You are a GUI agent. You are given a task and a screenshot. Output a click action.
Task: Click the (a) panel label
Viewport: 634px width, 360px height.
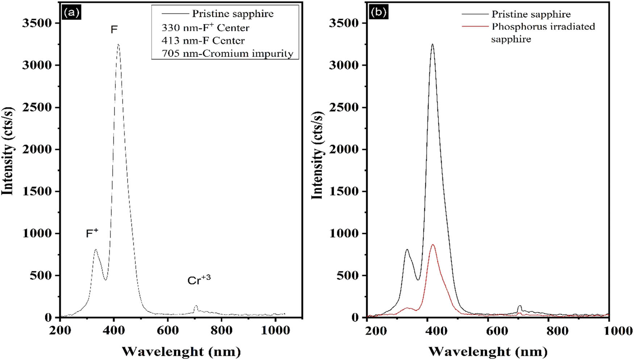pyautogui.click(x=71, y=13)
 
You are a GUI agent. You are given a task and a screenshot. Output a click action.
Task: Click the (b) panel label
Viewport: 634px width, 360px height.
pyautogui.click(x=378, y=13)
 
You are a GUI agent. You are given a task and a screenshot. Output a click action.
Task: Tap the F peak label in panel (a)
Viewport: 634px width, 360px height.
pyautogui.click(x=114, y=29)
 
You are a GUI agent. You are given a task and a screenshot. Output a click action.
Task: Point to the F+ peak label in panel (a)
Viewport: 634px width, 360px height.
pyautogui.click(x=92, y=233)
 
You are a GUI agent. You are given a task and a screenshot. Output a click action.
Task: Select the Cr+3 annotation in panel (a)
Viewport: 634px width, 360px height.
pyautogui.click(x=199, y=280)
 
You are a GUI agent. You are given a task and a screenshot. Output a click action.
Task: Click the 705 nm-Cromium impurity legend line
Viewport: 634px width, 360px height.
pyautogui.click(x=227, y=54)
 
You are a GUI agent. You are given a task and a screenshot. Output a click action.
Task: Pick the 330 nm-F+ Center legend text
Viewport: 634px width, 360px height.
pyautogui.click(x=205, y=28)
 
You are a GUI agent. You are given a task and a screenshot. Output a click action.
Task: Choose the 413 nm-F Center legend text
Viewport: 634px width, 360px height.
pyautogui.click(x=203, y=41)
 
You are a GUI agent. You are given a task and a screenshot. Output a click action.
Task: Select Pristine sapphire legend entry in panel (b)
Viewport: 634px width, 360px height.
pyautogui.click(x=531, y=14)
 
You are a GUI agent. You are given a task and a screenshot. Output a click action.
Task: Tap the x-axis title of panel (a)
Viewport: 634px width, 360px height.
pyautogui.click(x=181, y=351)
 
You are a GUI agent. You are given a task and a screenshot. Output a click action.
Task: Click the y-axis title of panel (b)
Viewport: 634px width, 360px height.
pyautogui.click(x=317, y=155)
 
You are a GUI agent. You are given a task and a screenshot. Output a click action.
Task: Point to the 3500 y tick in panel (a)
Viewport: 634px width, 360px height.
pyautogui.click(x=37, y=23)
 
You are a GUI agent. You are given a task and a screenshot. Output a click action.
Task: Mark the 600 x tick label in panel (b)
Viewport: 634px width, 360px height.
pyautogui.click(x=488, y=330)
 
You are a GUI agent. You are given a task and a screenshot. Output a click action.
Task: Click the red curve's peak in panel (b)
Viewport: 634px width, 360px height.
pyautogui.click(x=433, y=245)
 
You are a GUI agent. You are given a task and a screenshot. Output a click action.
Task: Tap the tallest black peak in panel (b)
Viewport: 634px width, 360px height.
pyautogui.click(x=432, y=45)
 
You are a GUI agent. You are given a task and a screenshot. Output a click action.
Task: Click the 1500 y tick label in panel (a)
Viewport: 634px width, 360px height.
pyautogui.click(x=37, y=192)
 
